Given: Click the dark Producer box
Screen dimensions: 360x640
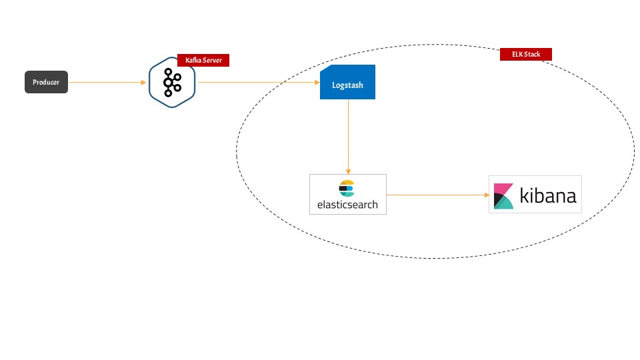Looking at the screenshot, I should (x=46, y=82).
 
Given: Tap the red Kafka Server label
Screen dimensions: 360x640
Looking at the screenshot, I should (x=203, y=60).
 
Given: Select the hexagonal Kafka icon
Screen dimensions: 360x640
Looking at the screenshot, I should (x=172, y=82).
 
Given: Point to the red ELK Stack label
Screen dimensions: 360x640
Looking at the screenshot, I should (x=526, y=54).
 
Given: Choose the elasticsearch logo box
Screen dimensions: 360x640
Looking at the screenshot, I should (x=348, y=194).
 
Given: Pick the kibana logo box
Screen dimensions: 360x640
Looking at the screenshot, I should (x=535, y=194).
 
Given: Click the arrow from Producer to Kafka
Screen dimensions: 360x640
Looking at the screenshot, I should (x=107, y=82).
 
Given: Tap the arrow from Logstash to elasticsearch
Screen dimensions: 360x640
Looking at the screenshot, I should (x=347, y=137).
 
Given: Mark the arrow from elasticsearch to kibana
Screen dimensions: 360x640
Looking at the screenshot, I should (x=437, y=195).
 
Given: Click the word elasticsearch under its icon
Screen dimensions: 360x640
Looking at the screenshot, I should (x=347, y=204).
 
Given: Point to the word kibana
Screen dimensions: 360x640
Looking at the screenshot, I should (x=547, y=196).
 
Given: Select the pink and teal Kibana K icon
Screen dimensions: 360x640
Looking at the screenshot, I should (x=503, y=195).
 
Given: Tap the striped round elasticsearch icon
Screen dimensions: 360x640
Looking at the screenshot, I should (x=347, y=187).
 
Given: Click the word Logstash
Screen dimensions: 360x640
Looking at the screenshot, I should (x=347, y=86).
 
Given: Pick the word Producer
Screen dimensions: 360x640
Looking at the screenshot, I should (x=46, y=82).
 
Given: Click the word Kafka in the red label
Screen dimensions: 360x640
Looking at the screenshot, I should (x=193, y=60).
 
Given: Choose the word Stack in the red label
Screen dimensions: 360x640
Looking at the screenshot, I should (x=532, y=54).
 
